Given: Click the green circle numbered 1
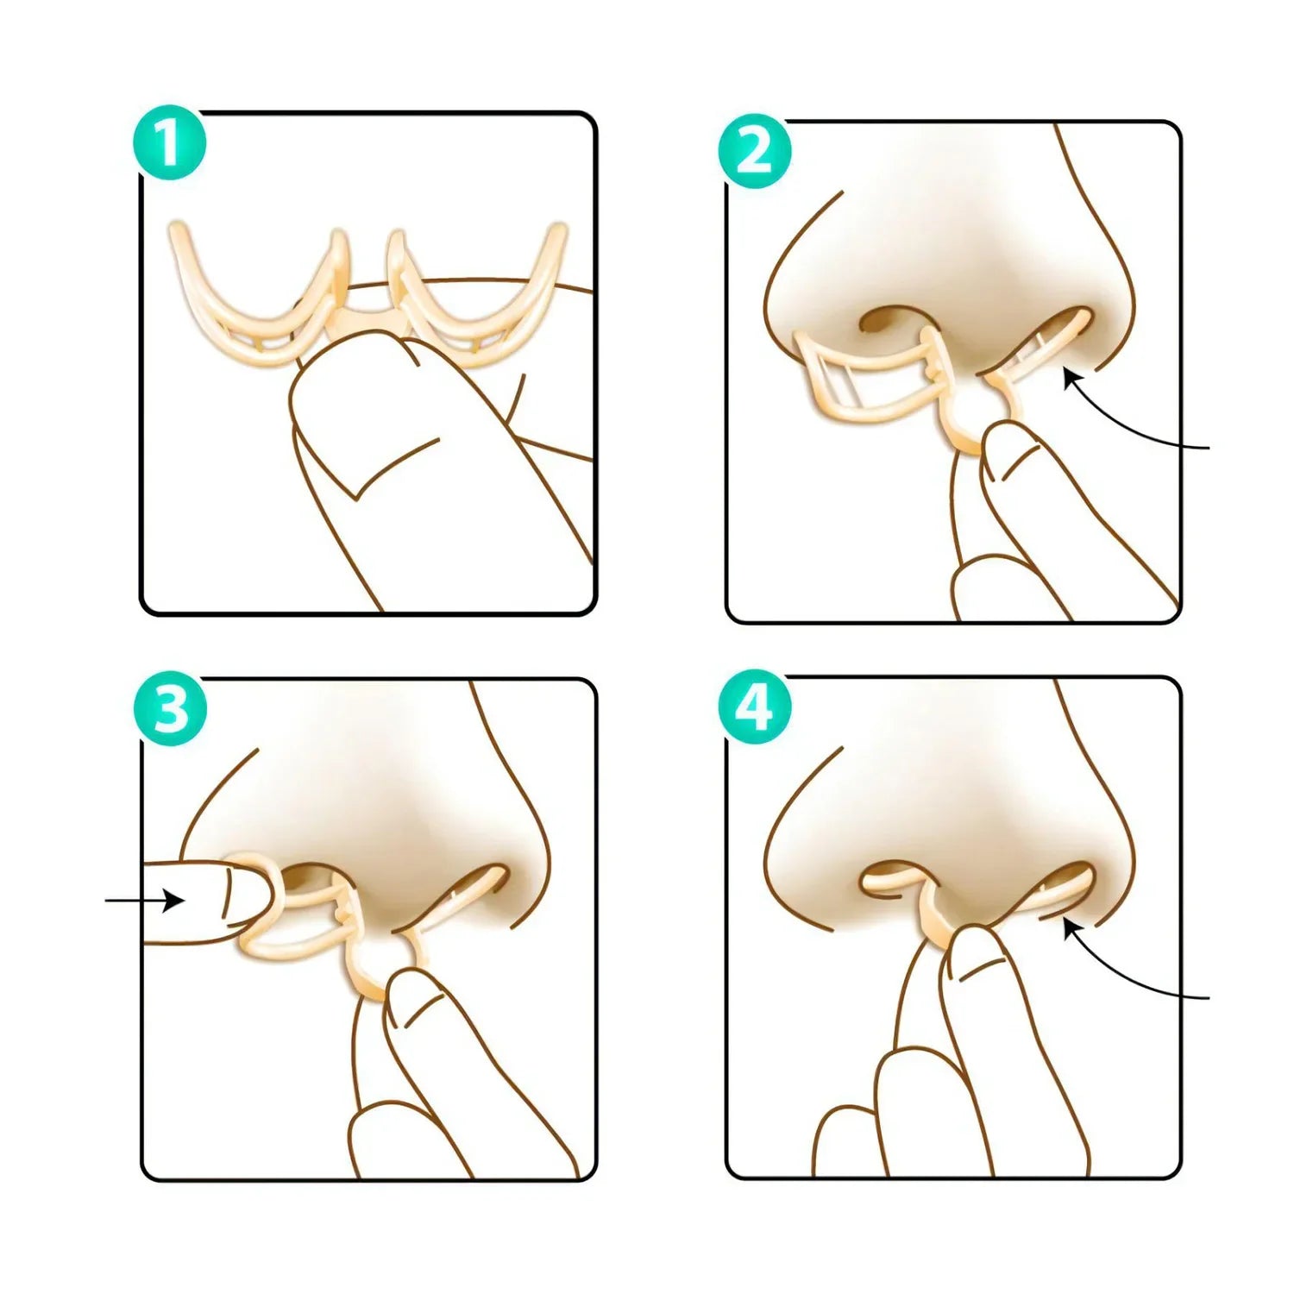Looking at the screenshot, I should [x=170, y=143].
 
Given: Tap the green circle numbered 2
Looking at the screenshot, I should [x=756, y=153].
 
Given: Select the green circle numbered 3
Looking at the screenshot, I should [x=170, y=710].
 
